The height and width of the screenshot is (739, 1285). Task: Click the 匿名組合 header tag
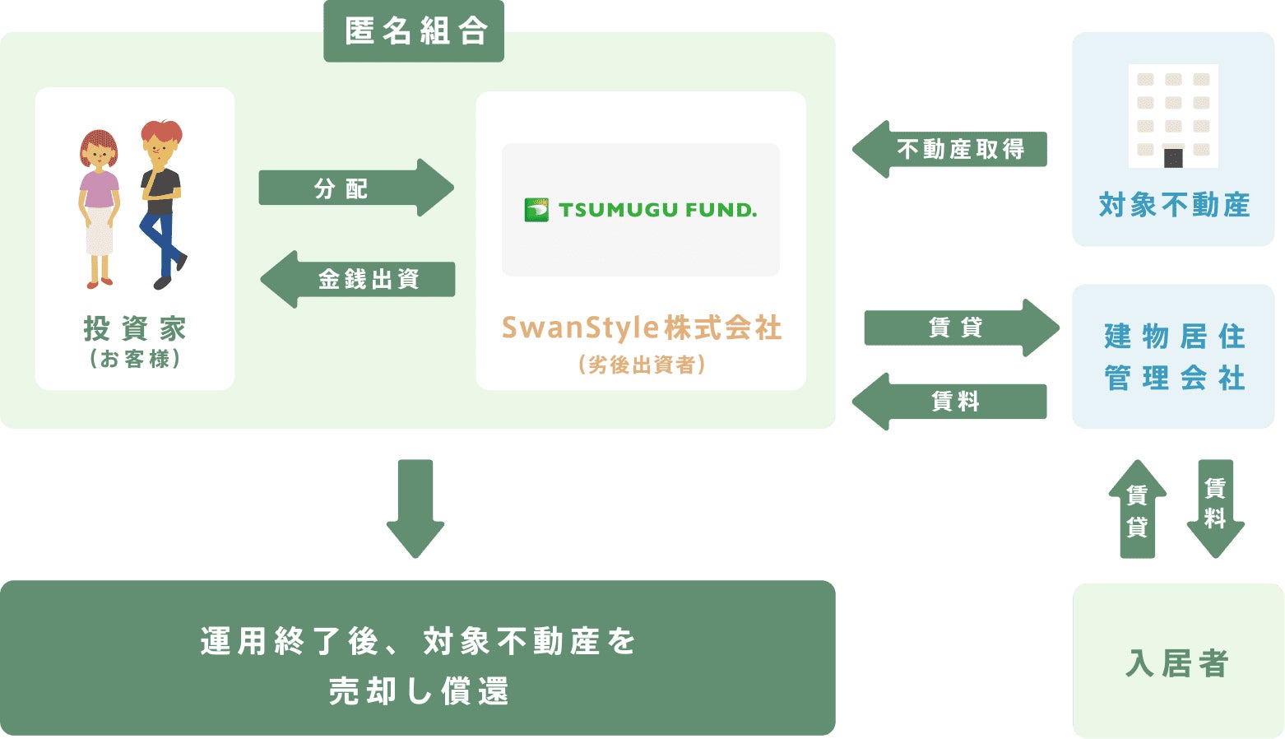click(414, 31)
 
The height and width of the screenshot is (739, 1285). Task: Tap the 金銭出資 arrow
click(360, 279)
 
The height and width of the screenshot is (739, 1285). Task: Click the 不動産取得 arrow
click(950, 149)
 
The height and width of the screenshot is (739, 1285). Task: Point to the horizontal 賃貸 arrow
click(960, 328)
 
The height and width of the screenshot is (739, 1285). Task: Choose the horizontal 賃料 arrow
click(950, 402)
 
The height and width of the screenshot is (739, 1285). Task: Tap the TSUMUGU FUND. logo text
click(657, 210)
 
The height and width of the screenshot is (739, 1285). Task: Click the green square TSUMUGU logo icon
click(536, 210)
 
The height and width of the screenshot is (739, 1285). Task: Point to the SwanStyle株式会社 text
click(642, 328)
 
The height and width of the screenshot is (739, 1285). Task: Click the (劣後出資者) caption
click(642, 365)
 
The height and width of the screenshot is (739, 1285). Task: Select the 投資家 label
click(135, 329)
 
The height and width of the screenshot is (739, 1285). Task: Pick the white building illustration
click(1173, 116)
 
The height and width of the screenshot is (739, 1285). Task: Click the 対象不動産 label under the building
click(1174, 205)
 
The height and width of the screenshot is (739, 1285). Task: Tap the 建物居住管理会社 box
click(1173, 356)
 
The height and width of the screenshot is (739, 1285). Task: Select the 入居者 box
click(1177, 662)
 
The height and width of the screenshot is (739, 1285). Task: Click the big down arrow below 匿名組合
click(415, 507)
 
